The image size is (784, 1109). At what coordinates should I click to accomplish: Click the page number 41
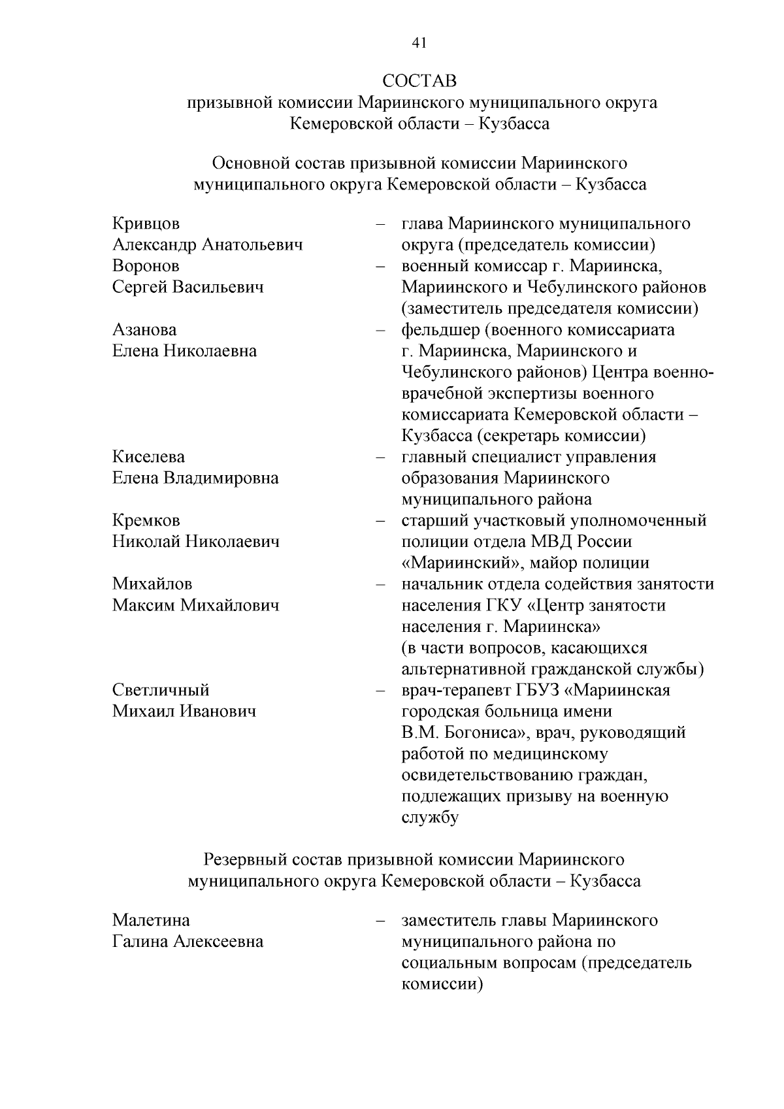click(x=419, y=43)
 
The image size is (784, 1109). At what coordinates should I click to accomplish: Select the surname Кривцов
click(x=146, y=224)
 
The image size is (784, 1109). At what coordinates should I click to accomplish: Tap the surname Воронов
click(x=146, y=266)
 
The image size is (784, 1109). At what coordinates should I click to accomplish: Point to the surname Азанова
click(x=144, y=330)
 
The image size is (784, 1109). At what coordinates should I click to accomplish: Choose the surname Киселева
click(x=148, y=457)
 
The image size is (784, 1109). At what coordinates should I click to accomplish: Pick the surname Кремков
click(x=146, y=521)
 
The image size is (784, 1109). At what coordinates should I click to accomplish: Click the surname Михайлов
click(x=152, y=584)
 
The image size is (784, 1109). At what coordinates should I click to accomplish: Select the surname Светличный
click(x=161, y=690)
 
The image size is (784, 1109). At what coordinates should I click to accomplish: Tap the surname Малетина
click(x=151, y=921)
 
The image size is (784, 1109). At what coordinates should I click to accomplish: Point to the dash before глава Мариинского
click(x=380, y=224)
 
